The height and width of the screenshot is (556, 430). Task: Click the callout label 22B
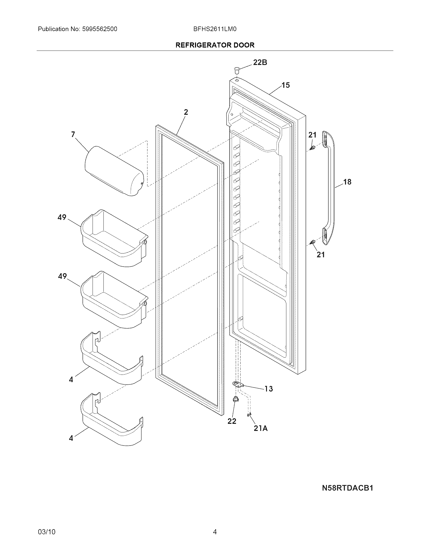point(260,62)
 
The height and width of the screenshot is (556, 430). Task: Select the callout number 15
point(286,85)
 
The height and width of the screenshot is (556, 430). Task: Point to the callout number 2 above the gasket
point(186,112)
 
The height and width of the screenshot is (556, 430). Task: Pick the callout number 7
point(73,134)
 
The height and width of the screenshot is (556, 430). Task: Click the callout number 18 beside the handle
point(347,182)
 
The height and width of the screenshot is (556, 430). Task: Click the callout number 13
point(268,389)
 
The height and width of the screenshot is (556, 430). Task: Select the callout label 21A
point(261,428)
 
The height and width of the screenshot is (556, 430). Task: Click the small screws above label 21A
point(249,414)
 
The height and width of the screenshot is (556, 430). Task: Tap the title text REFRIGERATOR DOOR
point(215,45)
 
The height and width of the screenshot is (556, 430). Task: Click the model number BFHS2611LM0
point(215,29)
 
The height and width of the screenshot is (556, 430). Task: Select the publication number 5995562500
point(99,29)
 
